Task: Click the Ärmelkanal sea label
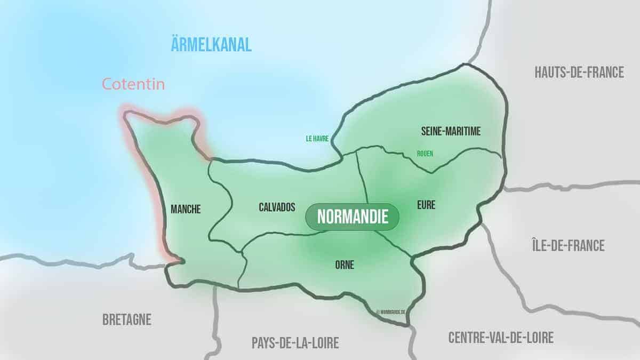[211, 45]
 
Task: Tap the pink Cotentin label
[133, 84]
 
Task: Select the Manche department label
[186, 210]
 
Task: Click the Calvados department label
[277, 207]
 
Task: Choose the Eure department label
[427, 205]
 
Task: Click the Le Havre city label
[317, 138]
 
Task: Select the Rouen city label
[425, 154]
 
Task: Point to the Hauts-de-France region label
[579, 73]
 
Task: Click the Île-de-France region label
[568, 245]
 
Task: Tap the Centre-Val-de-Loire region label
[501, 337]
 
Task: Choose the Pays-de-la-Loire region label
[295, 343]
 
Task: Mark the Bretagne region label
[126, 319]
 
